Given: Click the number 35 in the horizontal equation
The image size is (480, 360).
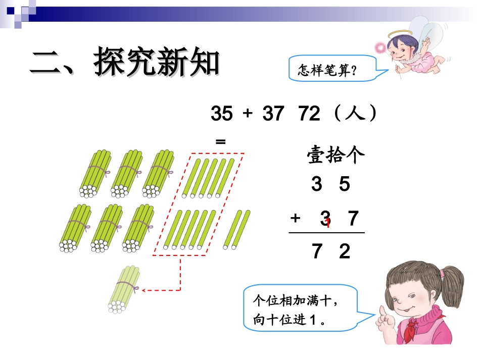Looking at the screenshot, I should click(x=221, y=115).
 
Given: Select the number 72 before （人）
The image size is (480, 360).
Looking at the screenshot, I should click(x=309, y=115).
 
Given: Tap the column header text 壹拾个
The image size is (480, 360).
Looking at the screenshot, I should click(x=335, y=156).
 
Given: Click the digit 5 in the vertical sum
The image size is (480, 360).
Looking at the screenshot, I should click(x=345, y=185).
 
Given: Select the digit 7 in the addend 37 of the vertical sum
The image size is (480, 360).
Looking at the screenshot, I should click(x=353, y=218).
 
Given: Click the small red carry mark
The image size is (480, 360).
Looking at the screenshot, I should click(x=328, y=223).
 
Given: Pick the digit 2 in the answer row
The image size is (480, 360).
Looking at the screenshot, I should click(x=345, y=251).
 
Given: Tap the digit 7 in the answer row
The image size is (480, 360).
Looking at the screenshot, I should click(x=317, y=251).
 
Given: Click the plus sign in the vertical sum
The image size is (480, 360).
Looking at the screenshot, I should click(x=296, y=218).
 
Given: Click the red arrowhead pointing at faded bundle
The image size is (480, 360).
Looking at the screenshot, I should click(x=145, y=290).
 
